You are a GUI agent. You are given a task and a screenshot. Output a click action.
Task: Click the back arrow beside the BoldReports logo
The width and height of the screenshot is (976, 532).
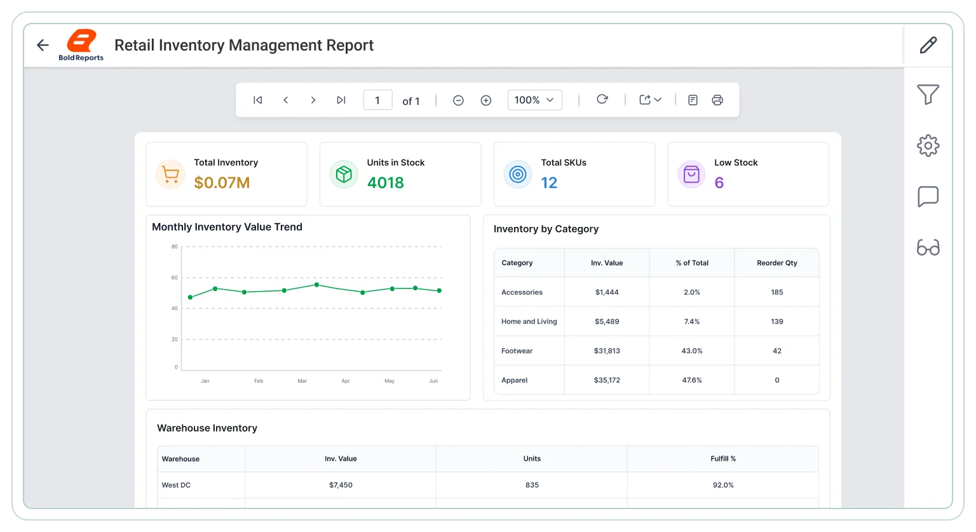point(43,45)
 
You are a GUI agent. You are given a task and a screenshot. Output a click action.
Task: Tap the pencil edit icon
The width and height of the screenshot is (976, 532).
point(928,45)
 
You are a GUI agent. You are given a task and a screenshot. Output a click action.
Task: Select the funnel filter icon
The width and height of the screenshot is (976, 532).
point(928,94)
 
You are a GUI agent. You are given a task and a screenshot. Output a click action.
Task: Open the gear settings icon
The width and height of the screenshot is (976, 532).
point(928,146)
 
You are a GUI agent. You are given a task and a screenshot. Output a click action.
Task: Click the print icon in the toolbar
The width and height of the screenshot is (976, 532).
point(717,100)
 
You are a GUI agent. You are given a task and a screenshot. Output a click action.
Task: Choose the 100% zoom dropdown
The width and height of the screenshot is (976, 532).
point(534,100)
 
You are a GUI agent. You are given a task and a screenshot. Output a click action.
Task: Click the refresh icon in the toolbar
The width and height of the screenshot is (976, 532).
point(602,99)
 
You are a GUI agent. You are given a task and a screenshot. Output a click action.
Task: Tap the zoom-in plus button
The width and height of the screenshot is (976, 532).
point(486,100)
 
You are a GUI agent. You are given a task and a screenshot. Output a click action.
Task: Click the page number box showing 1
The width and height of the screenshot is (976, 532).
point(378,100)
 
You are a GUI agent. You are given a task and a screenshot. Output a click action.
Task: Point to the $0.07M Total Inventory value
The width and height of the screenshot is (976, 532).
point(222,182)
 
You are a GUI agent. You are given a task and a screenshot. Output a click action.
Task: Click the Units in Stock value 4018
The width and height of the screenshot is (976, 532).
point(386,182)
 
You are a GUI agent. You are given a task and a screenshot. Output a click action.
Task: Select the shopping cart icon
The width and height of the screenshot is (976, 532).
point(170,175)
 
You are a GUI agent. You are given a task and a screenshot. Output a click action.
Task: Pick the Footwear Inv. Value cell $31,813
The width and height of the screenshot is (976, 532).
point(607,351)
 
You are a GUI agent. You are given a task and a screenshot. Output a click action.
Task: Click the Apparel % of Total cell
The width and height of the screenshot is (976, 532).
point(692,380)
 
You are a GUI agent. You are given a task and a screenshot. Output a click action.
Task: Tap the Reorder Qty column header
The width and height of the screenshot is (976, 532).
point(777,263)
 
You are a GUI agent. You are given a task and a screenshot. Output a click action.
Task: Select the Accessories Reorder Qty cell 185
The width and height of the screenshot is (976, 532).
point(777,292)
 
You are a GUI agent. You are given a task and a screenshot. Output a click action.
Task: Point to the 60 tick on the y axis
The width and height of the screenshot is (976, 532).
point(174,278)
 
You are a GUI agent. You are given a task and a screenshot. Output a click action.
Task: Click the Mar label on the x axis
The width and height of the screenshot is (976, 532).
point(302,381)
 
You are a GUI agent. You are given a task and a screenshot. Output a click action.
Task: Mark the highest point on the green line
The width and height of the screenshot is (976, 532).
point(317,285)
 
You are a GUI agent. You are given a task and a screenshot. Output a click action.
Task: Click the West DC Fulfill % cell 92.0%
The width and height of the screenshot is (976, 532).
point(723,485)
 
